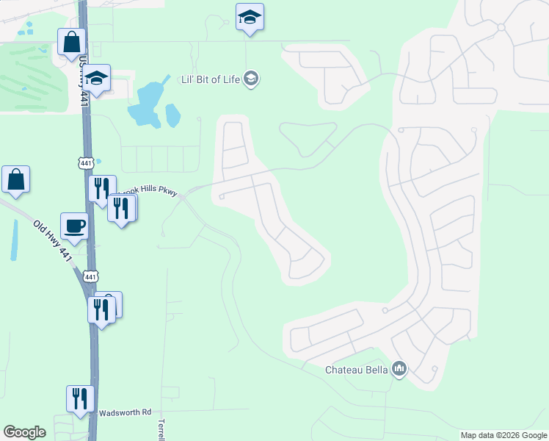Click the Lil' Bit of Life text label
(x=211, y=79)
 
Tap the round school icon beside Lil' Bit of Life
(x=251, y=79)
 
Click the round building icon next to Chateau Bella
(x=399, y=368)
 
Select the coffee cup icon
(x=75, y=226)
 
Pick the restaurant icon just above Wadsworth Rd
(x=80, y=399)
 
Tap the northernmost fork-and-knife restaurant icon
(x=102, y=188)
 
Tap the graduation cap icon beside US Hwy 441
(x=96, y=77)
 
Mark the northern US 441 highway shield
(x=87, y=162)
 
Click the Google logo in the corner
(x=24, y=432)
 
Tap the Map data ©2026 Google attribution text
(x=503, y=435)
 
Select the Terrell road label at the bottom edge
(x=161, y=431)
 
